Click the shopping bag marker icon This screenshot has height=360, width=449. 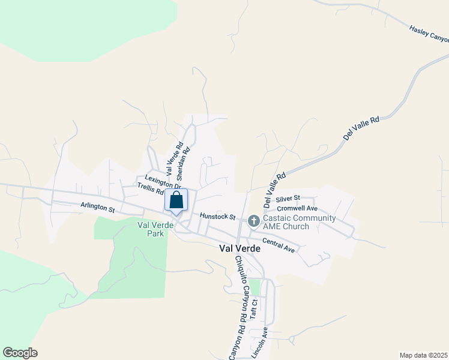176,200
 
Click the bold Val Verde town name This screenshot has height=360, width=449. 240,248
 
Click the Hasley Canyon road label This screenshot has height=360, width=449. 429,34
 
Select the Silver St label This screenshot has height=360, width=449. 288,199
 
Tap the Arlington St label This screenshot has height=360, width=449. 98,207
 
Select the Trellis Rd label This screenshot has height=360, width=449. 150,190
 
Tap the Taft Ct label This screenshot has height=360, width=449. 254,308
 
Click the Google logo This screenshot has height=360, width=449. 20,353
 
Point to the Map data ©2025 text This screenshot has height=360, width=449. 423,355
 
